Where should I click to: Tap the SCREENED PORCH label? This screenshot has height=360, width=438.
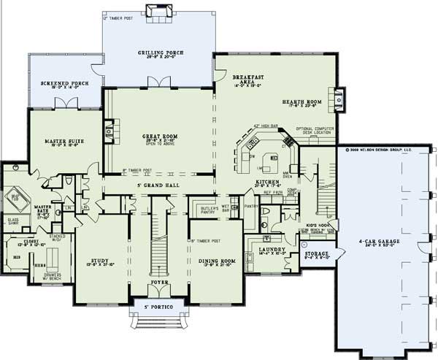pos(64,84)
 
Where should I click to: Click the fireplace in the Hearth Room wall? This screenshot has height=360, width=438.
pos(339,95)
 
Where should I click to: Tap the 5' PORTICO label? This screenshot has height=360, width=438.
pos(157,307)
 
